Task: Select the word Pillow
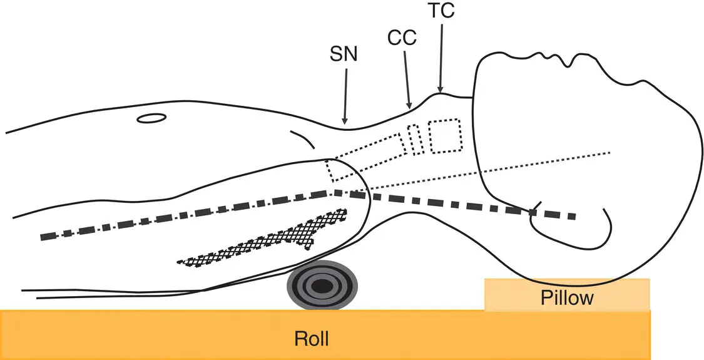(x=567, y=297)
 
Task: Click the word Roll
(x=312, y=339)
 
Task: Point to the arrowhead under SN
(x=344, y=120)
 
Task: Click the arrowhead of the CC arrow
(x=411, y=105)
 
